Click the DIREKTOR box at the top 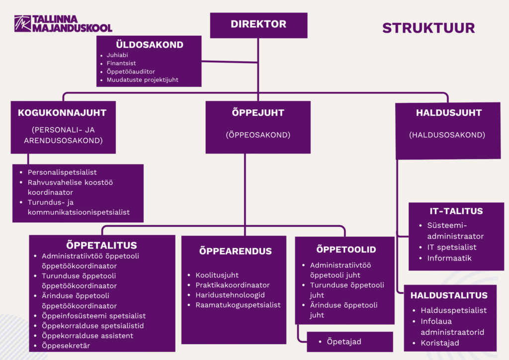pos(258,24)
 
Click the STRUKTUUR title pos(428,27)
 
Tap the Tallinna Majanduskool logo pos(63,24)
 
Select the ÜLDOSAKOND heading pos(150,45)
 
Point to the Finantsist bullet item pos(121,63)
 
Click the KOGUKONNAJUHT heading pos(62,113)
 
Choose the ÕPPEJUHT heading pos(258,113)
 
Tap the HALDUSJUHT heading pos(448,113)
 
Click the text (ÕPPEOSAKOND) pos(258,135)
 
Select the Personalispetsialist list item pos(62,173)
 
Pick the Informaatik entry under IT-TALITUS pos(449,258)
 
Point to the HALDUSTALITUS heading pos(449,295)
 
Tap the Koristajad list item pos(440,343)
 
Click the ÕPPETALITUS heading pos(101,245)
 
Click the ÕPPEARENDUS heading pos(235,251)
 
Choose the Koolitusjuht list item pos(217,275)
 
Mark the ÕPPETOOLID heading pos(346,250)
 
